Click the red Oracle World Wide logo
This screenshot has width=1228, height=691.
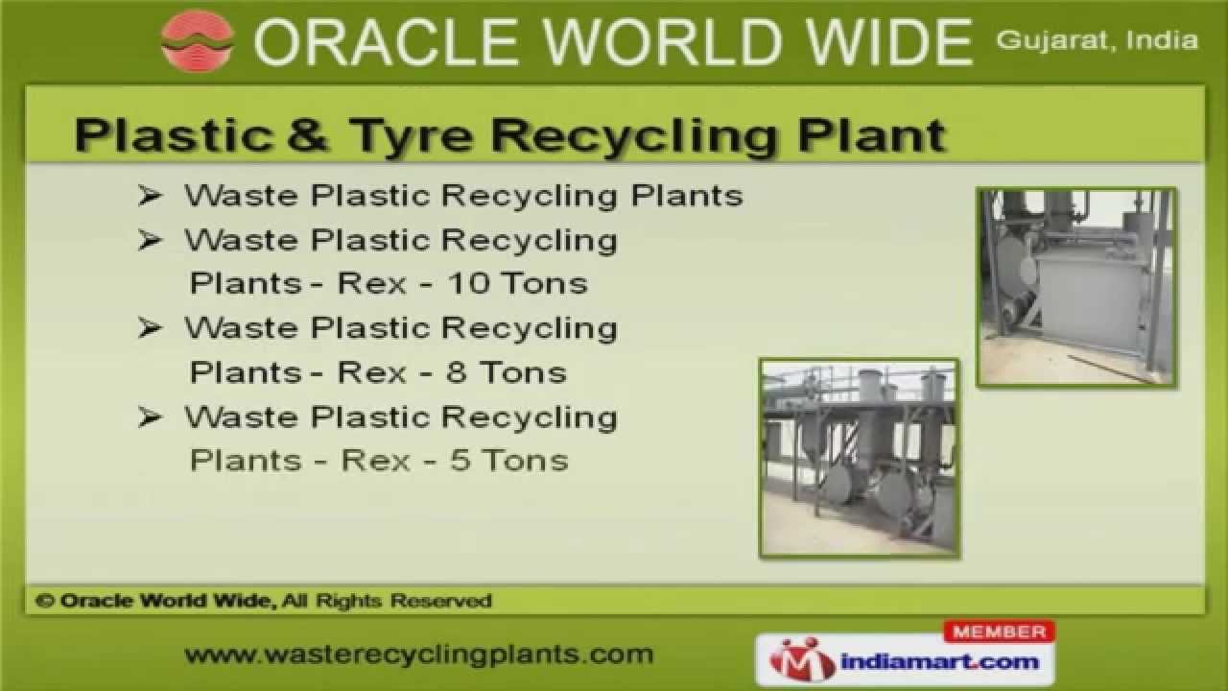[197, 40]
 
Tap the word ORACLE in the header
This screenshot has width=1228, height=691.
[366, 42]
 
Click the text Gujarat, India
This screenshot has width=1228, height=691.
[1097, 40]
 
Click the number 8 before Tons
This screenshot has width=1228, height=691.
[456, 371]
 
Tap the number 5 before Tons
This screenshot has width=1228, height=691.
[460, 460]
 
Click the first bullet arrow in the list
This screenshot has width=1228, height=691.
[150, 196]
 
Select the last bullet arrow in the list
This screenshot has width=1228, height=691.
[150, 417]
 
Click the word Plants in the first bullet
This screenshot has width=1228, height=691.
[687, 196]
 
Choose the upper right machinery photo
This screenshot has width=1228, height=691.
[1076, 287]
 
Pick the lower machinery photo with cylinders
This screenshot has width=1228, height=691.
[859, 458]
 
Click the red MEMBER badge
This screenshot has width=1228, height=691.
[999, 631]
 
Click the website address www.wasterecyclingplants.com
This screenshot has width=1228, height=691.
[418, 655]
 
